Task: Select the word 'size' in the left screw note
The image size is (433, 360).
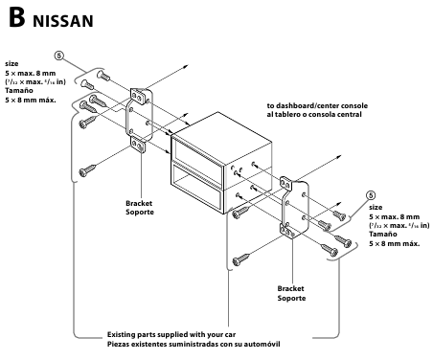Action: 12,63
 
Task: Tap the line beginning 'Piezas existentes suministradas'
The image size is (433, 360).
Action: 194,344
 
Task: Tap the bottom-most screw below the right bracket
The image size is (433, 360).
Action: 240,258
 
